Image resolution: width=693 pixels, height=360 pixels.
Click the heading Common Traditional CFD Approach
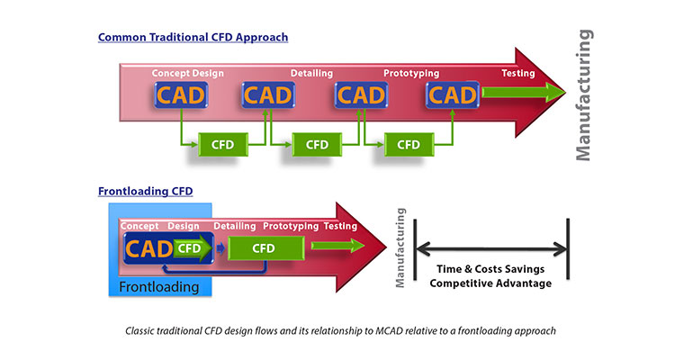click(193, 37)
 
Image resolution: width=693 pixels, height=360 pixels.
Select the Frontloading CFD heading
click(145, 191)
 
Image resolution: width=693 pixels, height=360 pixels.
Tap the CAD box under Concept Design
click(179, 94)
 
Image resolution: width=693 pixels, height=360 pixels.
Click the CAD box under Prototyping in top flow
click(361, 94)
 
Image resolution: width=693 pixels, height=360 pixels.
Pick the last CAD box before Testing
click(453, 94)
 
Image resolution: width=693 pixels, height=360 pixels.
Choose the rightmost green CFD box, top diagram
click(409, 144)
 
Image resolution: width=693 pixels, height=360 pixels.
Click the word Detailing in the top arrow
click(311, 73)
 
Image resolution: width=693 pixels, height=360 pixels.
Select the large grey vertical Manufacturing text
click(585, 94)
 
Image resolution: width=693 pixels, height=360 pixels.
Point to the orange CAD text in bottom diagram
click(147, 247)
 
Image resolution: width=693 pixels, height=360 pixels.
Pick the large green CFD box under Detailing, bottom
click(263, 247)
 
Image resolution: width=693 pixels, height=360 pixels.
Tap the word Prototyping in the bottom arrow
click(292, 226)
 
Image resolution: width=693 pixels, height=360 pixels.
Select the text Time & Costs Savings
click(490, 268)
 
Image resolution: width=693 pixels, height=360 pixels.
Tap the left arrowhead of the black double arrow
click(420, 249)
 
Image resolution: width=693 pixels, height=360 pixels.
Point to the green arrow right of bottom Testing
click(337, 246)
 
